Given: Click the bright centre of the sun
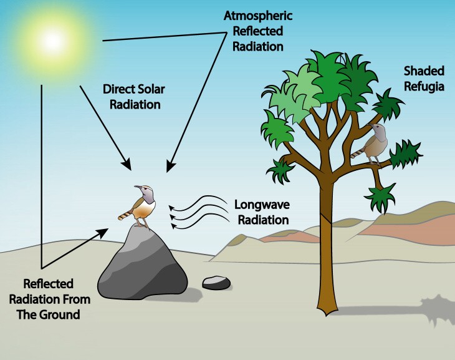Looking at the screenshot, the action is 52,41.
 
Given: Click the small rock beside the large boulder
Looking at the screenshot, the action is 216,283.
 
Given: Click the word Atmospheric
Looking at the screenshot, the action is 257,16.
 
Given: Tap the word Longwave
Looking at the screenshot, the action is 262,205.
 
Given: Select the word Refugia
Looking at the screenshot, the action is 424,87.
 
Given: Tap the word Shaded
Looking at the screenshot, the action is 424,71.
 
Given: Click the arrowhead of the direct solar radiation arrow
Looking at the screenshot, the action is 127,164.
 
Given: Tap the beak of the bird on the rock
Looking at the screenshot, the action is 137,187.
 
